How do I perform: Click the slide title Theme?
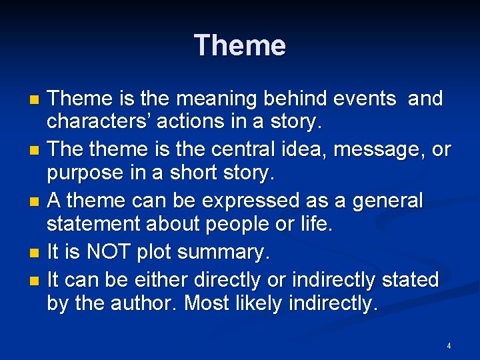tap(240, 45)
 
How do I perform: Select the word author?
tap(145, 303)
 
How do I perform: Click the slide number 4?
tap(449, 346)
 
